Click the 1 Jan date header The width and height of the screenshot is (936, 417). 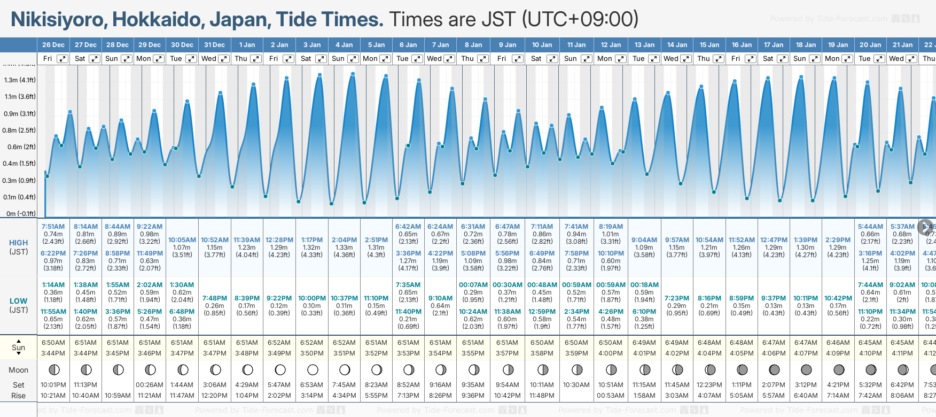click(x=247, y=45)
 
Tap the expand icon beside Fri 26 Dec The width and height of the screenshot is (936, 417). click(x=63, y=59)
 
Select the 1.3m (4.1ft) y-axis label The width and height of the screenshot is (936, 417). click(x=20, y=80)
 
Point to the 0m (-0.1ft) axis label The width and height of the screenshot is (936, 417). click(x=21, y=213)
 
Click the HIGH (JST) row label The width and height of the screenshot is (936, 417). click(x=18, y=247)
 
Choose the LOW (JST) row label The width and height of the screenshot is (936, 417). click(x=18, y=305)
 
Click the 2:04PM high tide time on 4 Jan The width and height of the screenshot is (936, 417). click(x=344, y=240)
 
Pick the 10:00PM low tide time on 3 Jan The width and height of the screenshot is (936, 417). click(x=311, y=298)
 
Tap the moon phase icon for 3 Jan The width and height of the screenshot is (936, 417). click(x=313, y=369)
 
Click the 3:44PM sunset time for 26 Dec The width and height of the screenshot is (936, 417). click(x=53, y=353)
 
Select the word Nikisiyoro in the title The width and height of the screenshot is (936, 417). click(x=58, y=20)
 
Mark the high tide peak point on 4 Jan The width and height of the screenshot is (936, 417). click(x=353, y=74)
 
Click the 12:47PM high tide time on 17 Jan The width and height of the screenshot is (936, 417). click(x=773, y=240)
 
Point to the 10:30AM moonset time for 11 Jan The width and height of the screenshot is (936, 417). click(x=576, y=385)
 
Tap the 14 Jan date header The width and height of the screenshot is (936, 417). click(x=677, y=45)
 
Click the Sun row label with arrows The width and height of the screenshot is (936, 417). click(x=18, y=347)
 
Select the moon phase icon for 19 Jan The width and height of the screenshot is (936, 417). click(x=839, y=369)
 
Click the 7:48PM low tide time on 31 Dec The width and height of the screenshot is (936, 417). click(x=214, y=298)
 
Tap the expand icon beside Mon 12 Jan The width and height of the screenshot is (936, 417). click(x=620, y=59)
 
